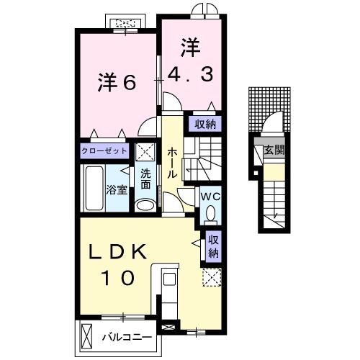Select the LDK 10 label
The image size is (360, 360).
point(119,264)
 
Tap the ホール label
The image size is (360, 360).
point(173,164)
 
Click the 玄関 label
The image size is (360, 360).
point(273,150)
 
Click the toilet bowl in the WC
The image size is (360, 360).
point(211,212)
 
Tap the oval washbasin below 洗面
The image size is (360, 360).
point(145,205)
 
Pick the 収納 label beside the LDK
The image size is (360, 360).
point(214,246)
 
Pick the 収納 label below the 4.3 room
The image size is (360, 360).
point(204,124)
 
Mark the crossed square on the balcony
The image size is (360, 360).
point(88,336)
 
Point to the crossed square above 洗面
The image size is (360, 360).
point(146,153)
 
